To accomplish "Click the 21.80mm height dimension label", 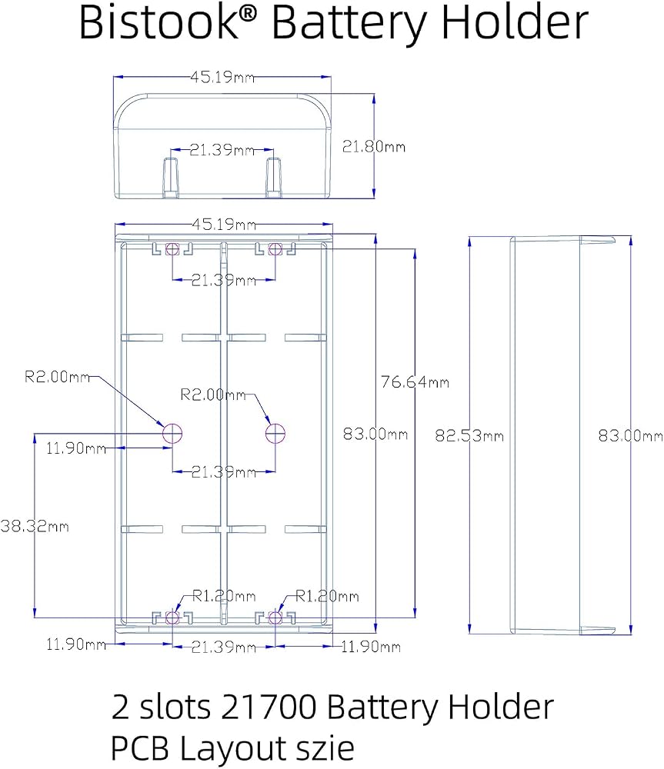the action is [373, 147].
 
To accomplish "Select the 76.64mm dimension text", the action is [415, 381].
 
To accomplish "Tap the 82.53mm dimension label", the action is [469, 435].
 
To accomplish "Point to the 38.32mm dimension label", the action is [35, 526].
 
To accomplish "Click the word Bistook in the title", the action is [158, 22].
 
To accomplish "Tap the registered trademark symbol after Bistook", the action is [249, 14].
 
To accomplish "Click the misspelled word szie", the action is [325, 748].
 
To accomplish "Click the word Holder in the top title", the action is [515, 22].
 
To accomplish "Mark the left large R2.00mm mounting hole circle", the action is [172, 433].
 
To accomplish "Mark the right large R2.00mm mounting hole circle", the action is [275, 433].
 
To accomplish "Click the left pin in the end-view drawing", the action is [171, 178].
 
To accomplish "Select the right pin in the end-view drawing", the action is [274, 178].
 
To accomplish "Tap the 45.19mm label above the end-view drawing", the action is [222, 77].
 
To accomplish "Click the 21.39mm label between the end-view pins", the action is [222, 150].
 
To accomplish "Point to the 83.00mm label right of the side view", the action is [631, 435].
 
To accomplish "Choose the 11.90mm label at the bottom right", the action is [371, 647].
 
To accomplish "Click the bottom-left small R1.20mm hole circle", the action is [172, 618].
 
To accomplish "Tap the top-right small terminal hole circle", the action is [275, 248].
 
